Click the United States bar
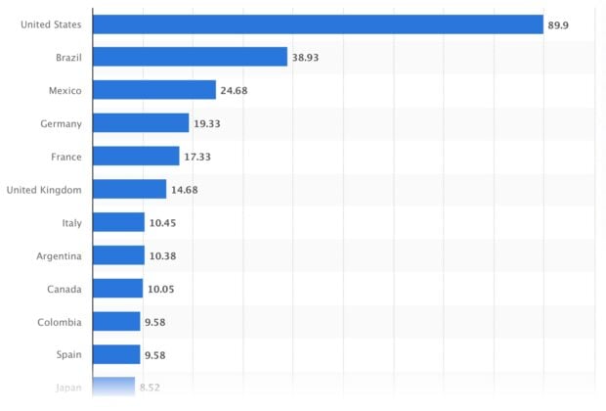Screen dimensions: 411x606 (x=318, y=23)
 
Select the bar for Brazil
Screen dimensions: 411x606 (x=191, y=57)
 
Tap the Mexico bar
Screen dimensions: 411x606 (x=154, y=90)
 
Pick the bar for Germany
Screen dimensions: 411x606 (x=141, y=123)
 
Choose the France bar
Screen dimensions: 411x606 (x=137, y=157)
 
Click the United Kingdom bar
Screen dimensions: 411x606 (x=130, y=190)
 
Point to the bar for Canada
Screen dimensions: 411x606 (x=118, y=289)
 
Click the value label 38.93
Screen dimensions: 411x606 (x=305, y=58)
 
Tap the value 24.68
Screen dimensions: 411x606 (x=234, y=91)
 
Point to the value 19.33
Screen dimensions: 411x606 (x=206, y=124)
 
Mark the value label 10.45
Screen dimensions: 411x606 (x=162, y=223)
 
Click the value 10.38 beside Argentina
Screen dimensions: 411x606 (x=162, y=256)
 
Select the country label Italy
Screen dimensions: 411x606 (x=71, y=223)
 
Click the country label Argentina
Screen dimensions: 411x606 (x=58, y=256)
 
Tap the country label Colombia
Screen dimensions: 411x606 (x=60, y=322)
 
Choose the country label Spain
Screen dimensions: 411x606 (x=68, y=355)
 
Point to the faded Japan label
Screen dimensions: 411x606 (x=67, y=388)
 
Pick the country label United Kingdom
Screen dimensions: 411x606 (x=44, y=190)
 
